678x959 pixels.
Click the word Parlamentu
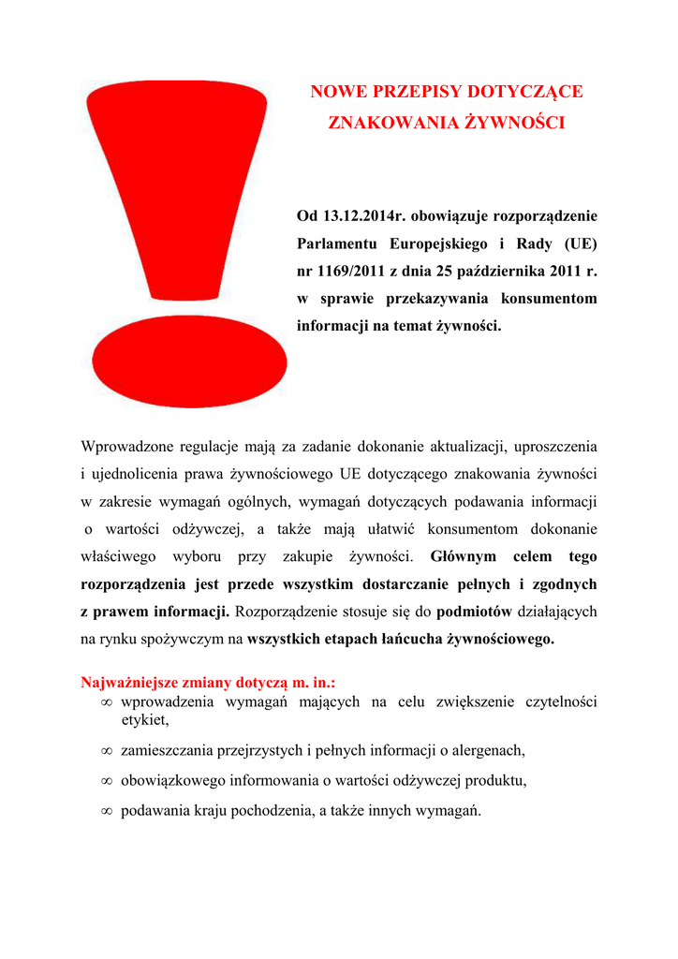click(338, 244)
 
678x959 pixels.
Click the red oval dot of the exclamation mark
click(190, 361)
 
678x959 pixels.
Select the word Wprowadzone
click(127, 446)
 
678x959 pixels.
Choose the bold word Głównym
click(463, 556)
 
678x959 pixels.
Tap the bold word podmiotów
click(474, 612)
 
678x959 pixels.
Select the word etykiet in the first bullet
click(144, 720)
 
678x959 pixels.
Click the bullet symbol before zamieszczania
click(107, 751)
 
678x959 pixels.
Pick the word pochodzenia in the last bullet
click(273, 810)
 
